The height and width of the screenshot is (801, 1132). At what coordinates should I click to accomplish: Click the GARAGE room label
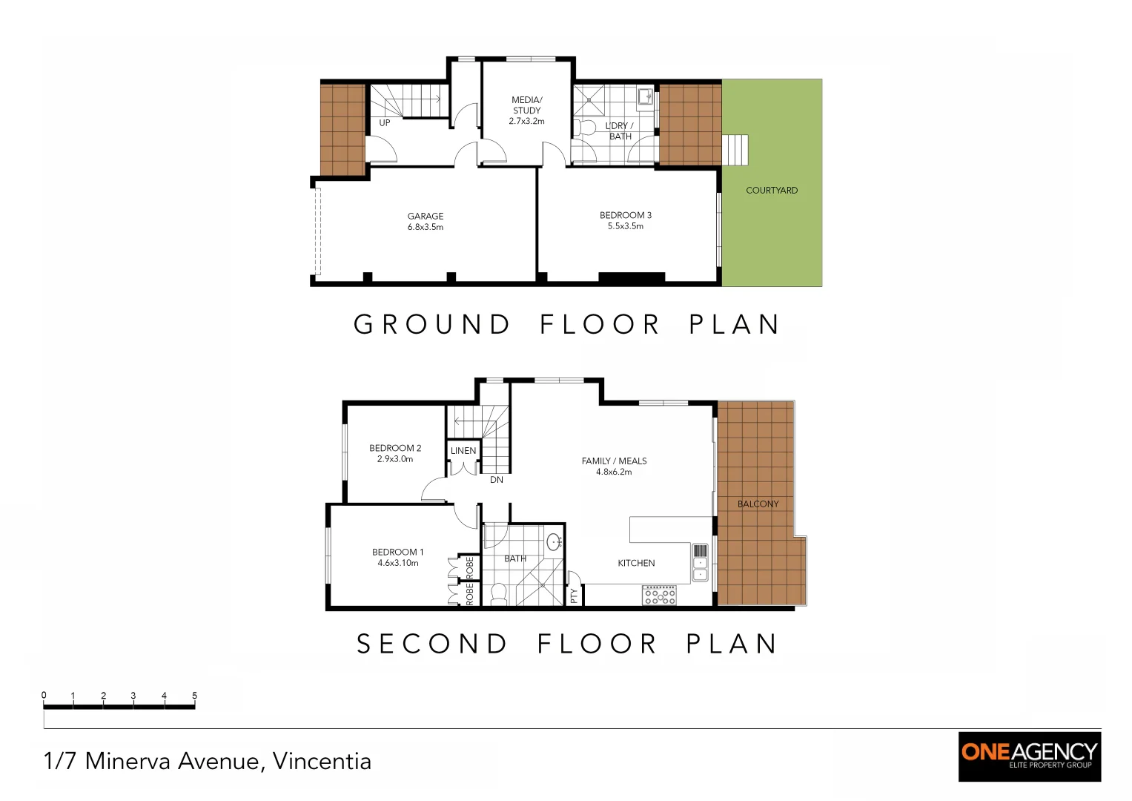click(425, 221)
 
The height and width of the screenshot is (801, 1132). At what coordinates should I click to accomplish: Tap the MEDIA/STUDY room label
click(526, 110)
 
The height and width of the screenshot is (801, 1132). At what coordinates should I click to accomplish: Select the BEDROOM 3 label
click(625, 220)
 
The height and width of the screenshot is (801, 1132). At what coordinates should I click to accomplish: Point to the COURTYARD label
click(771, 191)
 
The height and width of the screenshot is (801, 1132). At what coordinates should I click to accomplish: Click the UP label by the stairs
click(384, 123)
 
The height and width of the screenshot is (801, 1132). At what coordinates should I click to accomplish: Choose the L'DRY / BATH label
click(619, 131)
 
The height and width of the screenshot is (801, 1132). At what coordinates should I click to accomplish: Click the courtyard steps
click(735, 150)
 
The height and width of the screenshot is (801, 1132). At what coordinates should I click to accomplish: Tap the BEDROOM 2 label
click(395, 453)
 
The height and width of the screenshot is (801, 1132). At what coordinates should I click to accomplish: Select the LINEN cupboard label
click(463, 451)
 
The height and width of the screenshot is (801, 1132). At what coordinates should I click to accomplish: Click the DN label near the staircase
click(496, 480)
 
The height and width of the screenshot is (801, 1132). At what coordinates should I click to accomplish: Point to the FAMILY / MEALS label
click(614, 466)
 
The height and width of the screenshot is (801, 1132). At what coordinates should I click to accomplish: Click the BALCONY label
click(758, 504)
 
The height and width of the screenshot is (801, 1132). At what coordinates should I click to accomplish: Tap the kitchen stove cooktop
click(659, 596)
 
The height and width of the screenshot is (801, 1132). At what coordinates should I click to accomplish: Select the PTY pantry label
click(574, 595)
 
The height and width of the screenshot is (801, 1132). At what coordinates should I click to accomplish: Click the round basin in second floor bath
click(553, 541)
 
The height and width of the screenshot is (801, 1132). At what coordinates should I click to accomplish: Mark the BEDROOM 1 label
click(397, 557)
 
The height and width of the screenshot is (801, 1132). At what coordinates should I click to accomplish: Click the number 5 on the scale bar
click(195, 696)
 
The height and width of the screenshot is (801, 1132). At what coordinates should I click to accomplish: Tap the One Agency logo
click(1029, 756)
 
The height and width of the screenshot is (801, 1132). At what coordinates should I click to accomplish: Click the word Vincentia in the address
click(322, 761)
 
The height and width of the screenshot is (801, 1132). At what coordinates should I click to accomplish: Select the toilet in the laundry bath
click(586, 128)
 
